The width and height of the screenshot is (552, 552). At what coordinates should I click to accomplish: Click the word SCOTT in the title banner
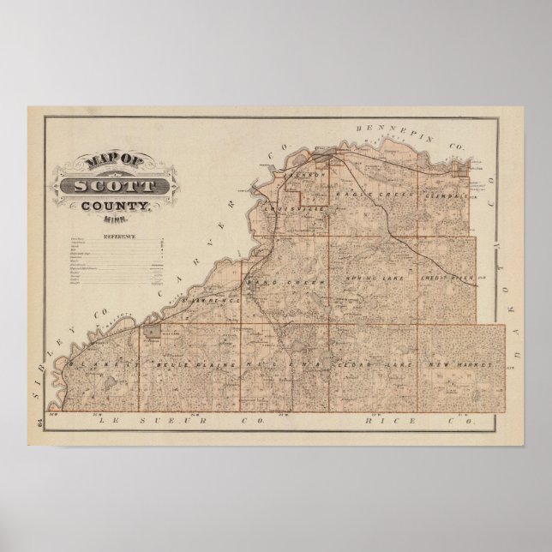115,185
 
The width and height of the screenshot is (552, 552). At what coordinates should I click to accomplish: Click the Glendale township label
443,195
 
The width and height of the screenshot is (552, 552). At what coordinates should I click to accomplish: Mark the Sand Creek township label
273,281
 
